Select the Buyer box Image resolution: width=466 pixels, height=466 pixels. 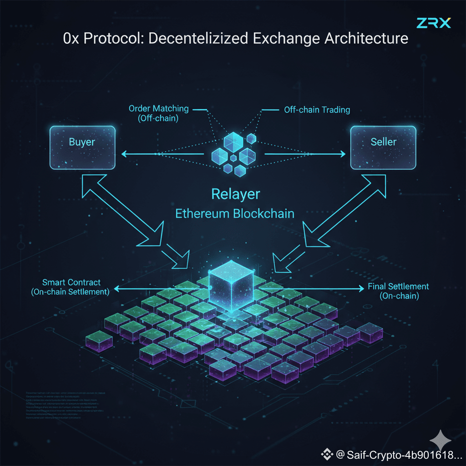click(x=82, y=147)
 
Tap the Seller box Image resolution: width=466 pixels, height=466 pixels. click(x=383, y=147)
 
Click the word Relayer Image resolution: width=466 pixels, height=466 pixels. click(x=236, y=194)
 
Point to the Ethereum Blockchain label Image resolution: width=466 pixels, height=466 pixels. click(x=235, y=214)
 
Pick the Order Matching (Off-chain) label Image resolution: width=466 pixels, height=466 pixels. click(x=158, y=113)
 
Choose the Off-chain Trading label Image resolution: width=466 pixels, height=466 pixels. click(x=317, y=110)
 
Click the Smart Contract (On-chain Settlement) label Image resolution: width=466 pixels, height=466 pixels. click(x=71, y=288)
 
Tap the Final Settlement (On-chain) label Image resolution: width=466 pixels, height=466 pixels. click(x=399, y=291)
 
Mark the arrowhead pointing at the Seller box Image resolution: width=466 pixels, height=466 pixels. click(x=342, y=154)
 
